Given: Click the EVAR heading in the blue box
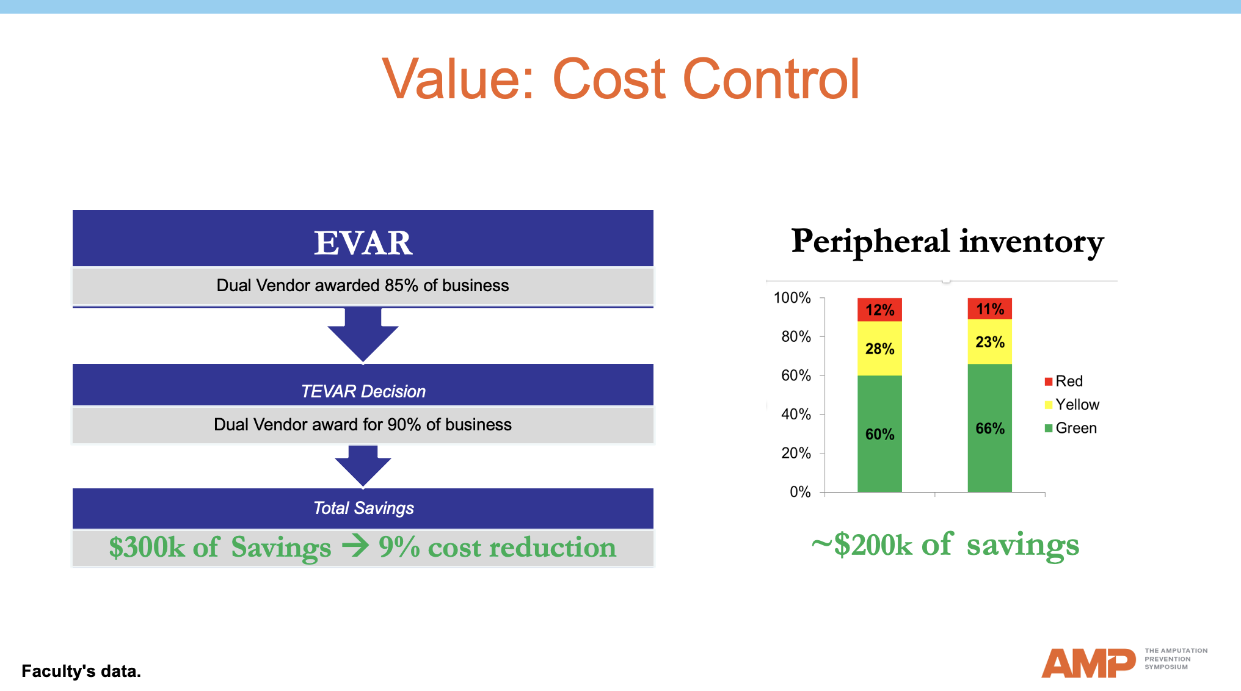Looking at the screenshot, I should pos(363,242).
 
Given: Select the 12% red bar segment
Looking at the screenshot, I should pos(879,309).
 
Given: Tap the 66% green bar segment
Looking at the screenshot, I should pos(989,428).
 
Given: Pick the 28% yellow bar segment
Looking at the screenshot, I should pos(879,349).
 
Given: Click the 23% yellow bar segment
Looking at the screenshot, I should pos(989,342).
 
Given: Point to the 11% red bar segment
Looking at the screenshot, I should pos(989,309).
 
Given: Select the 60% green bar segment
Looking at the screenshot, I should pos(879,434).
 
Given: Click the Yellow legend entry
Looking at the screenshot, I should pos(1072,405).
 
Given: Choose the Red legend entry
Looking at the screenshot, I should pos(1064,382).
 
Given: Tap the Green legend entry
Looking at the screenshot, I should pos(1071,429).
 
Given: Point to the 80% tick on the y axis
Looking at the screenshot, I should pos(796,336).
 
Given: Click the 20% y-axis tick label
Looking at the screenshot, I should pos(796,453).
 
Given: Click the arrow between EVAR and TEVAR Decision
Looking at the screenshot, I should pos(363,336).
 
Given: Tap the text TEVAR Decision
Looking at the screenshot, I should pos(363,391).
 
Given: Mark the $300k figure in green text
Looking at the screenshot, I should pos(147,547).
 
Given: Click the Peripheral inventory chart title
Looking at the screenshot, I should pos(947,242).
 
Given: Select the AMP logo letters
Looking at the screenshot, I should pos(1088,663).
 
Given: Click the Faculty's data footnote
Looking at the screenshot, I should pos(81,671).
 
